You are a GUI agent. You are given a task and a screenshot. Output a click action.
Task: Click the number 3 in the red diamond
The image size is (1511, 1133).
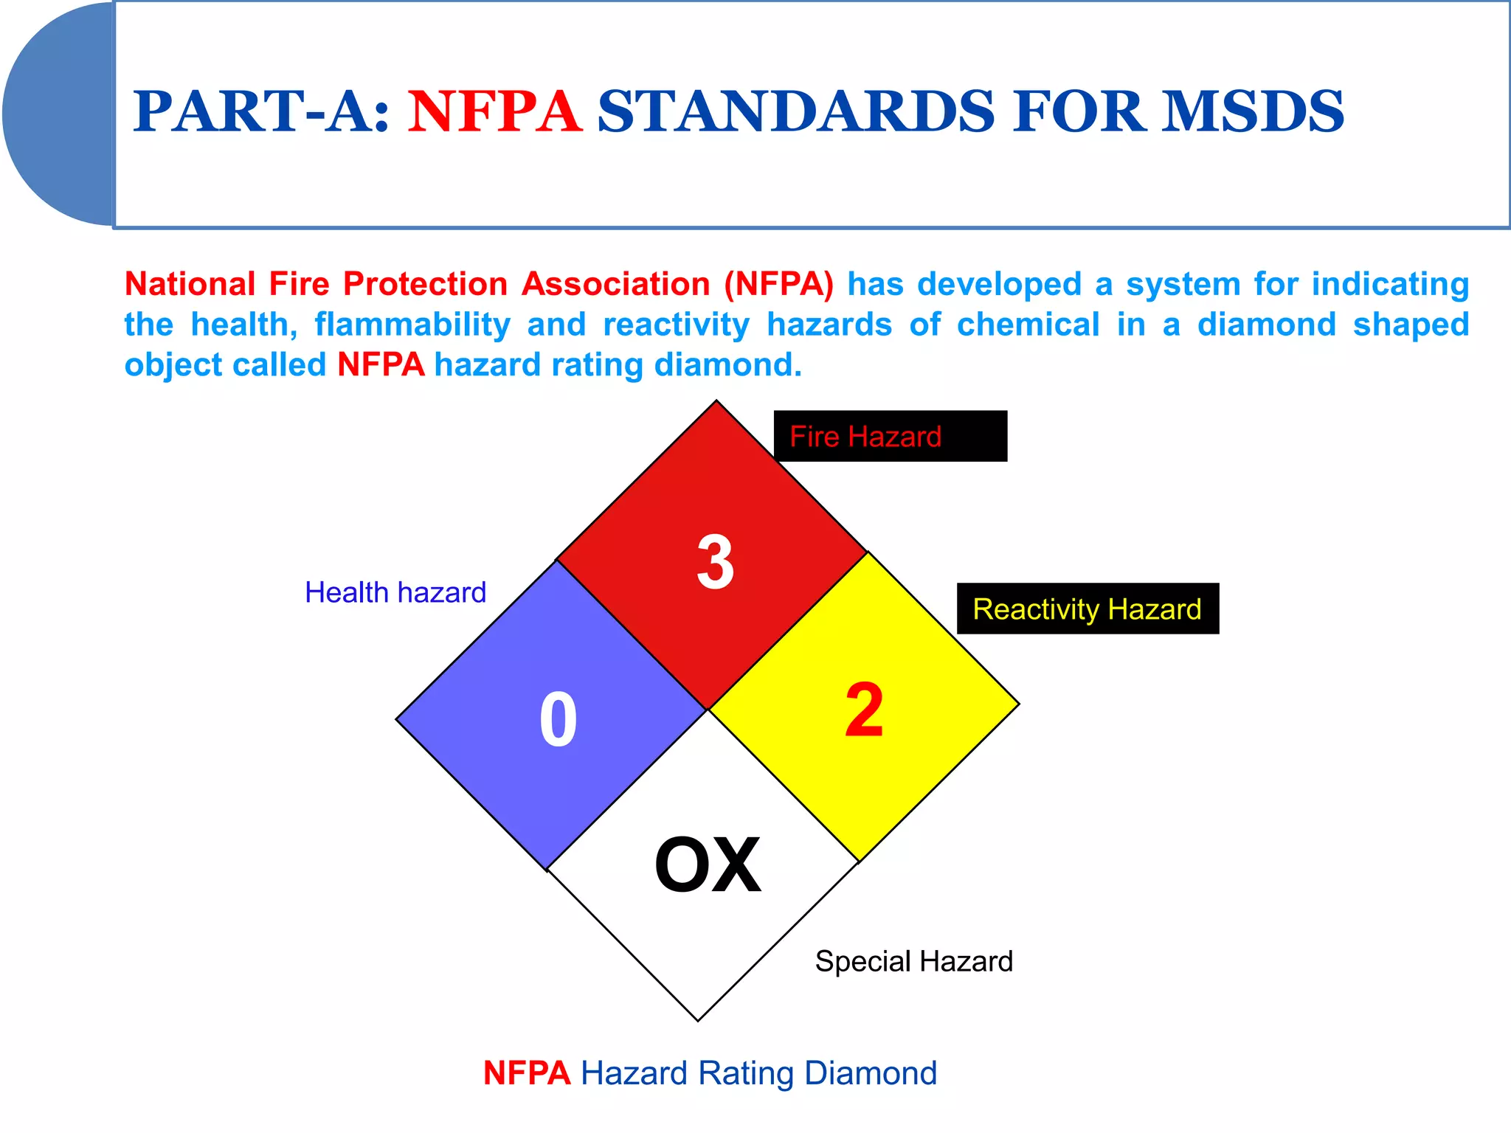716,562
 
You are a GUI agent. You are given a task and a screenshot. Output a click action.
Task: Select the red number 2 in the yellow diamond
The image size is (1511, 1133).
864,710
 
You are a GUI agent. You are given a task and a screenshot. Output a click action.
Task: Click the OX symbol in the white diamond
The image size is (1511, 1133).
708,865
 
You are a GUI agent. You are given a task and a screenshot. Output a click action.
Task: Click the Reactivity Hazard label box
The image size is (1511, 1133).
1088,609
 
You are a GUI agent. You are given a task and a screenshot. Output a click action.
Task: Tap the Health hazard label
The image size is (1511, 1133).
395,592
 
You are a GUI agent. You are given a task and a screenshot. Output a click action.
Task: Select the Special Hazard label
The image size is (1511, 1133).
913,961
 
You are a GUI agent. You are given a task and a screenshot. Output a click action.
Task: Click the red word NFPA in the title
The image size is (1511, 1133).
494,112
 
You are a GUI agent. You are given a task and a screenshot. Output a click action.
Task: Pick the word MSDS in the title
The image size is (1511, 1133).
1253,112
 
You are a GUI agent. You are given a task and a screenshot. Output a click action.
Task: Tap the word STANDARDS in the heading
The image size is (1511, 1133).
796,112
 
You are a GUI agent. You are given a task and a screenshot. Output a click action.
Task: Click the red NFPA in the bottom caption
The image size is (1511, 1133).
527,1073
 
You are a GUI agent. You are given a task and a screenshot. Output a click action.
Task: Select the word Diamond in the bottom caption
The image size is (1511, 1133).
871,1073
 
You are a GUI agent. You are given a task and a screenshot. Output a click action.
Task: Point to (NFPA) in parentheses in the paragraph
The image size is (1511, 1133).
778,285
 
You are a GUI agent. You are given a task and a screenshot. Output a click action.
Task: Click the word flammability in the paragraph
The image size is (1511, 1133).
412,325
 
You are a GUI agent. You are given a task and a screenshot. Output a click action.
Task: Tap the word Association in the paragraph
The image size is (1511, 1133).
616,285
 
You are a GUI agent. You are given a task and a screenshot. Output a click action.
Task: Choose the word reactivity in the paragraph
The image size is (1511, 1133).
677,325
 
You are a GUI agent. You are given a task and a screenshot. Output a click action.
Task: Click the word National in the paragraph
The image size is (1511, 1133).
190,285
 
